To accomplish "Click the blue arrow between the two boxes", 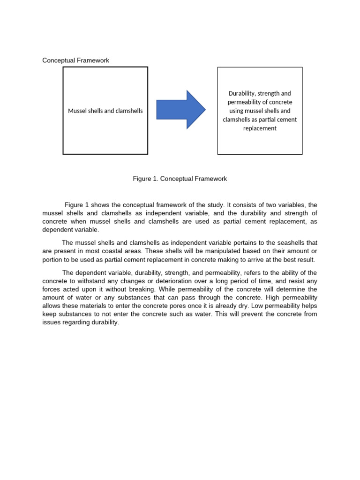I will click(x=180, y=110).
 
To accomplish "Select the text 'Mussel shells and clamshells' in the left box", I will click(x=105, y=111).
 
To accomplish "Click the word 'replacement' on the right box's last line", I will click(x=260, y=128).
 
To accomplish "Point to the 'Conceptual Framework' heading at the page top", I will click(x=75, y=60).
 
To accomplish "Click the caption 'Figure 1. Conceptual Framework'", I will click(x=180, y=179).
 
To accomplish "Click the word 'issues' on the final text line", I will click(x=51, y=322).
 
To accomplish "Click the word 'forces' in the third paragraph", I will click(x=52, y=290).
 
